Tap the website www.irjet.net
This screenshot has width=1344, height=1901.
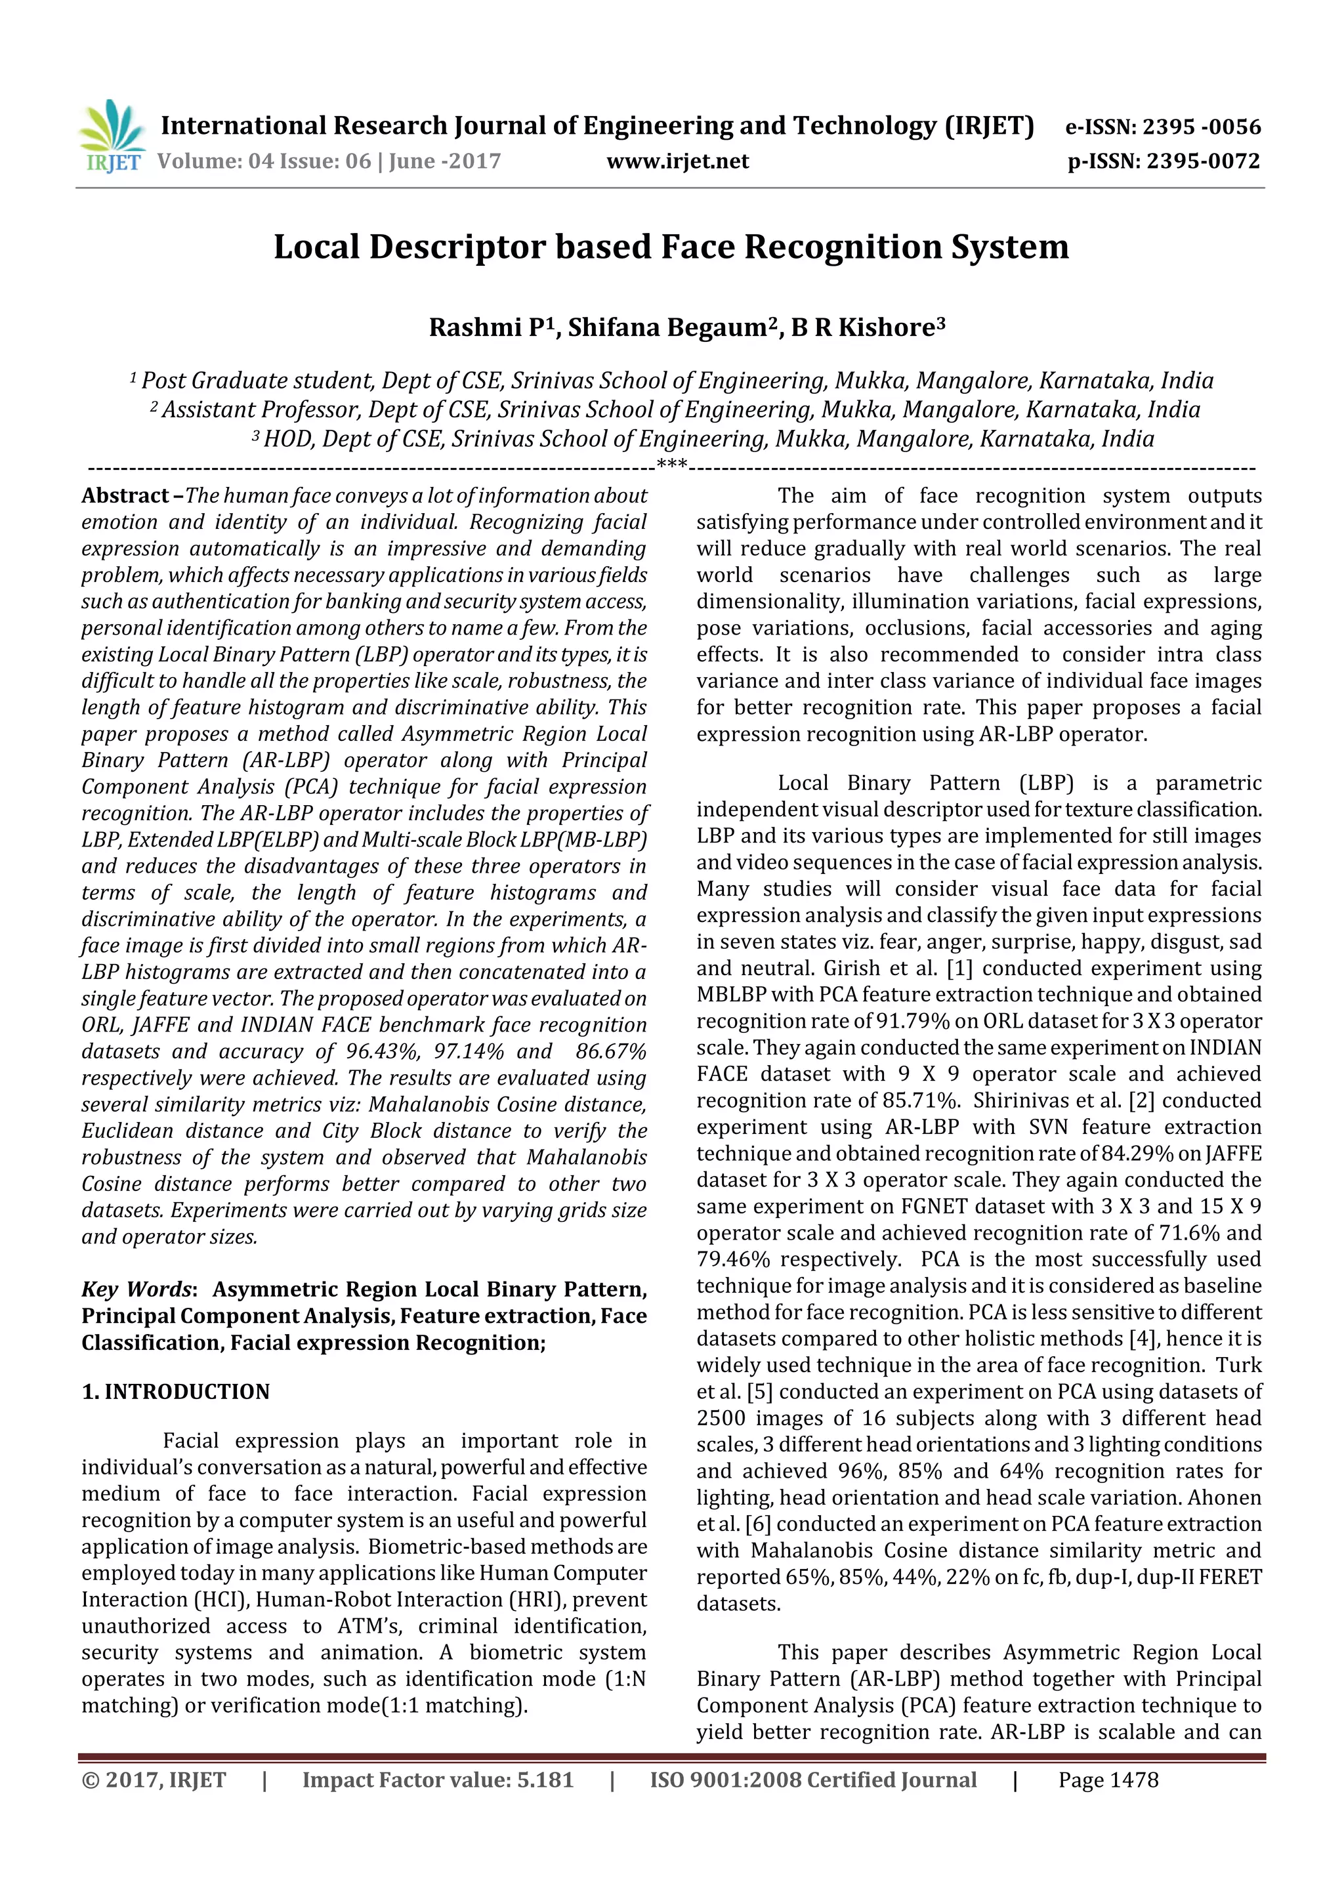677,161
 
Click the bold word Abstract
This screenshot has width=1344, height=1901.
125,496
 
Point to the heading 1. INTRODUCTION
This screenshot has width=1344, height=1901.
176,1392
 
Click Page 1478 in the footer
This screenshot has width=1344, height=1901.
1108,1780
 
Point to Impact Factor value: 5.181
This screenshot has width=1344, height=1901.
437,1780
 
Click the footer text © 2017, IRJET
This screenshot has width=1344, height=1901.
154,1780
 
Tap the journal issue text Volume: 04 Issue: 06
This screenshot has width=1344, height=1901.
263,161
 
